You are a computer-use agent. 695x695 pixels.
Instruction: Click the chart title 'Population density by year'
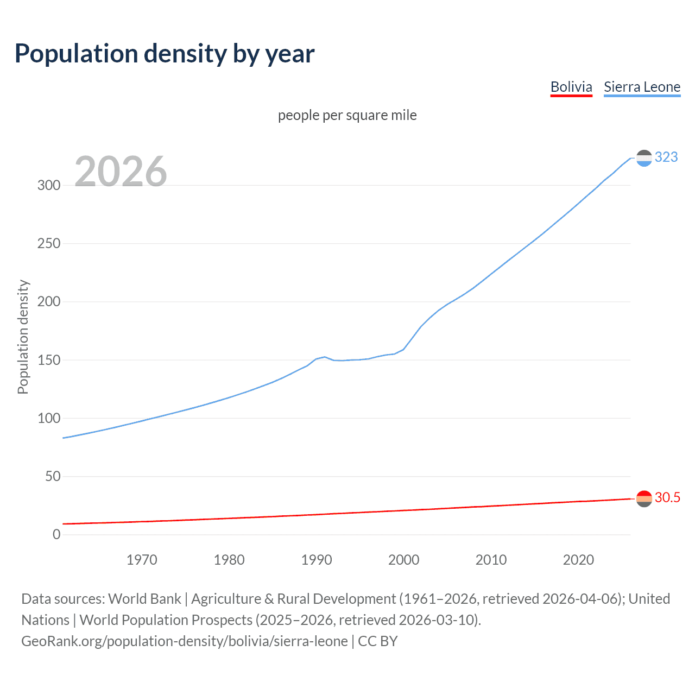(x=165, y=54)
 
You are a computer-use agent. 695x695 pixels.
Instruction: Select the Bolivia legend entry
(x=571, y=87)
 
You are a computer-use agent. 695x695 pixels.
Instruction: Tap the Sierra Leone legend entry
(x=642, y=87)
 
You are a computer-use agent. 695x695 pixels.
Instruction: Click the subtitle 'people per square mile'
(x=347, y=115)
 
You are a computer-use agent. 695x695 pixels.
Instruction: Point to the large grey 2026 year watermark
(x=121, y=172)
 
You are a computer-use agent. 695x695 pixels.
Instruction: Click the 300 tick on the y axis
(x=49, y=185)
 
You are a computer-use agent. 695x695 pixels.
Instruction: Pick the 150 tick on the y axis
(x=49, y=360)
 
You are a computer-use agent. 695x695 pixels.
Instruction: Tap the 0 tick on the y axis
(x=56, y=534)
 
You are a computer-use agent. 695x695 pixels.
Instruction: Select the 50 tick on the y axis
(x=53, y=476)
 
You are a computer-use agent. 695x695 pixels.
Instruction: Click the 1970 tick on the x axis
(x=142, y=560)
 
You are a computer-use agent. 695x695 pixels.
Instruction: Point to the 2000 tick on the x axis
(x=403, y=560)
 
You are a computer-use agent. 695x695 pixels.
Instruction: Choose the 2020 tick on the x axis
(x=578, y=560)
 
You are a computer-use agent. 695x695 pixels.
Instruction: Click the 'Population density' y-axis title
(x=23, y=337)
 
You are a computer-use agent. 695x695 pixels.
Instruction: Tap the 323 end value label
(x=666, y=157)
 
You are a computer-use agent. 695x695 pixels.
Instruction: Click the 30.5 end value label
(x=667, y=497)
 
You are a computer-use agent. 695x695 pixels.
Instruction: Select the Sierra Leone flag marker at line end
(x=644, y=158)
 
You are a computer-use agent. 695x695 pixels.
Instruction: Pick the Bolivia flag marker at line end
(x=644, y=498)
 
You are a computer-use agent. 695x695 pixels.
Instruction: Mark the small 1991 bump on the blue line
(x=325, y=357)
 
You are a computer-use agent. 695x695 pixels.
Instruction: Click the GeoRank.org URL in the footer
(x=185, y=641)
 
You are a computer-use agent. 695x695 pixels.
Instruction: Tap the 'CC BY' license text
(x=378, y=641)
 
